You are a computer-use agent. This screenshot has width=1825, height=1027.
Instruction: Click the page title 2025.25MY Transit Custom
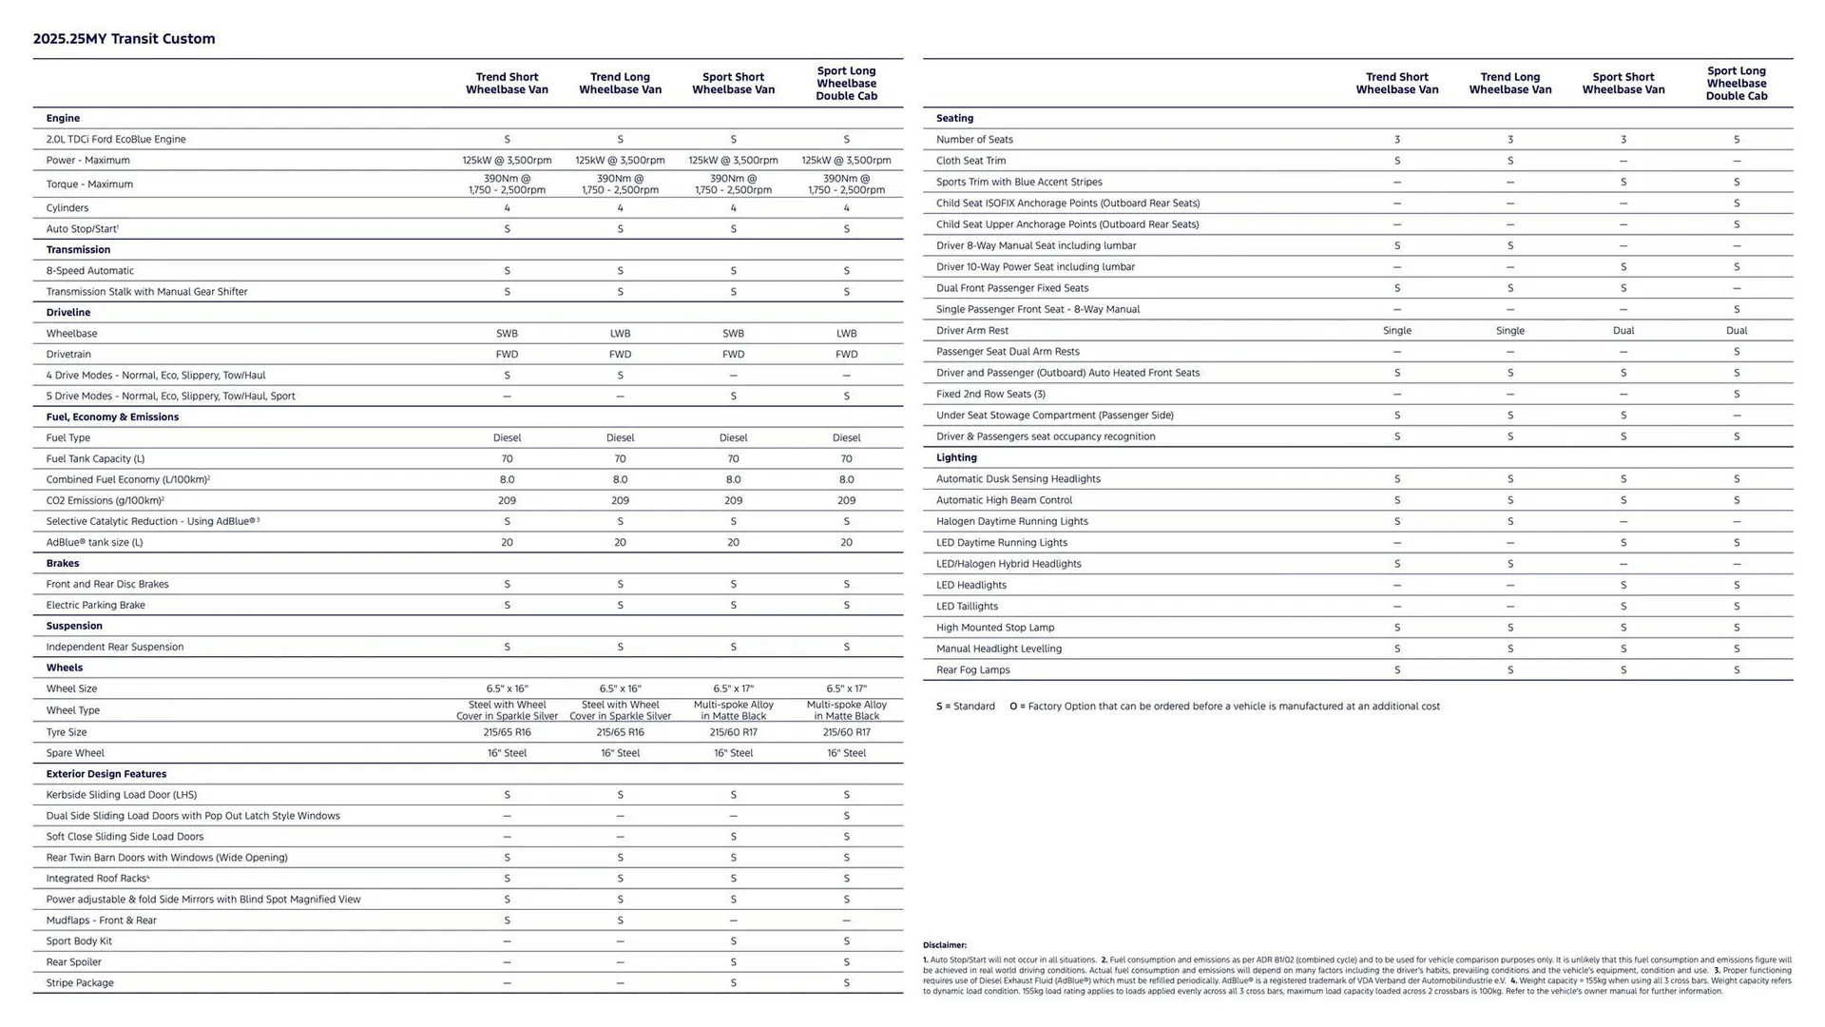coord(124,39)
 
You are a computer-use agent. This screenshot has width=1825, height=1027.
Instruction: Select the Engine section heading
coord(63,118)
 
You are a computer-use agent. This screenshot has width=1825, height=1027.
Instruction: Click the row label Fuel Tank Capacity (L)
coord(95,458)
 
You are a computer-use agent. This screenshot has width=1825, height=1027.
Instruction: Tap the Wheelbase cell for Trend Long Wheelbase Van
coord(620,334)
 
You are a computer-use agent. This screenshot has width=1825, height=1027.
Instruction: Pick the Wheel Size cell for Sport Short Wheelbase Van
coord(733,688)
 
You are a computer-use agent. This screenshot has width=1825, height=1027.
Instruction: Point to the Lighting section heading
coord(956,457)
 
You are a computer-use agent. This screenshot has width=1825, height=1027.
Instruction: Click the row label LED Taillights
coord(967,606)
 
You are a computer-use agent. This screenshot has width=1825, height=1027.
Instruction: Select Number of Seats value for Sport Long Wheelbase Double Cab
coord(1736,140)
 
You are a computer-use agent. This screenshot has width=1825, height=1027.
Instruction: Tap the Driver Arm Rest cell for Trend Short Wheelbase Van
coord(1396,331)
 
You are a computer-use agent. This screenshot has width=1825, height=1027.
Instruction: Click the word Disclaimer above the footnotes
coord(944,945)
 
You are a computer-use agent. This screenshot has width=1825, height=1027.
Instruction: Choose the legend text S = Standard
coord(965,707)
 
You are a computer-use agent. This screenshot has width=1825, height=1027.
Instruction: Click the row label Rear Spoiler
coord(73,961)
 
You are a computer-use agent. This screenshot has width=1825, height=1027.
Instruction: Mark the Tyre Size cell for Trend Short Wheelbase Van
coord(507,732)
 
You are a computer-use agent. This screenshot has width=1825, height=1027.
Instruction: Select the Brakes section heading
coord(63,563)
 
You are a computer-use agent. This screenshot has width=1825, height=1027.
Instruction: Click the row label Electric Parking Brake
coord(95,605)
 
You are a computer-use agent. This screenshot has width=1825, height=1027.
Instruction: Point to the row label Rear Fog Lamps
coord(972,669)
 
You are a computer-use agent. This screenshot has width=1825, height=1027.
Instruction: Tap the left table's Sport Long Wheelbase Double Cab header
coord(846,84)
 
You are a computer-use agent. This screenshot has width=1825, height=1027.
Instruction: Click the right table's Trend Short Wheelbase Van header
coord(1396,84)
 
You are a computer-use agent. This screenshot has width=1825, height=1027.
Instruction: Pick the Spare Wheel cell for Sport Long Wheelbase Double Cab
coord(846,753)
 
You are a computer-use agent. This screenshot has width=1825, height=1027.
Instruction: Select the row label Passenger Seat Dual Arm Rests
coord(1008,352)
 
